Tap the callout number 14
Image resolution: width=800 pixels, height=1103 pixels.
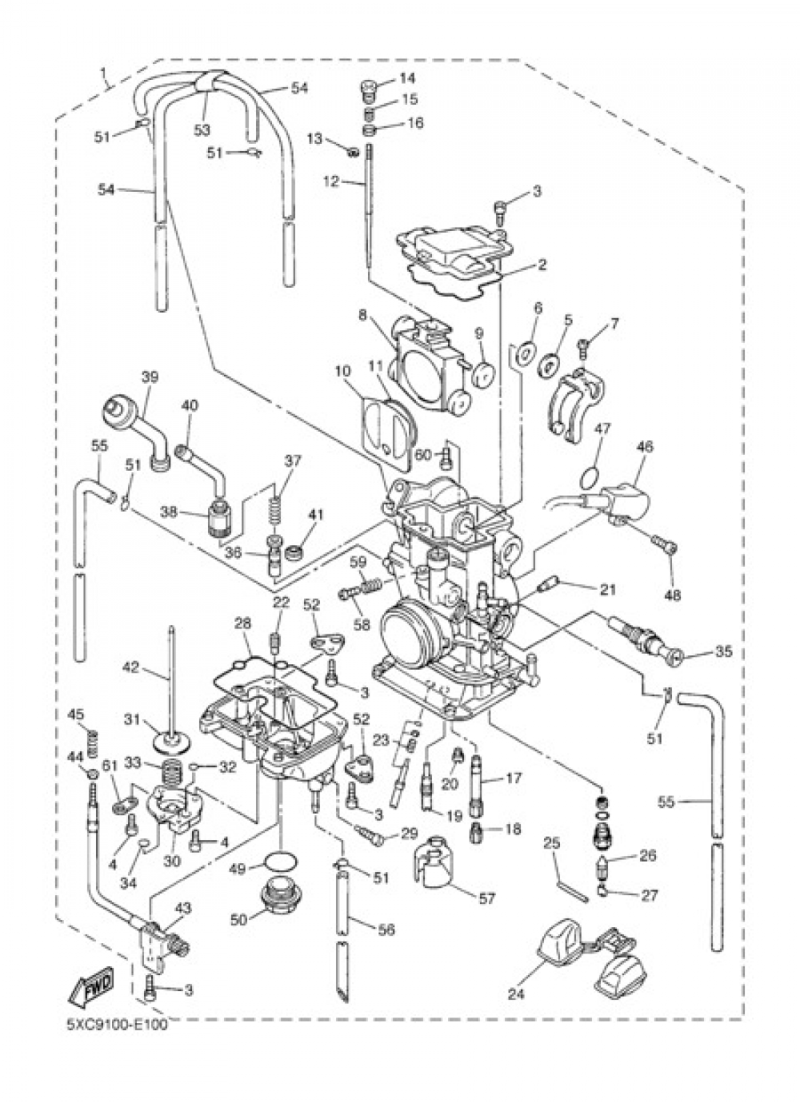[x=407, y=78]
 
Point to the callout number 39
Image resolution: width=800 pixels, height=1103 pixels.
[x=149, y=376]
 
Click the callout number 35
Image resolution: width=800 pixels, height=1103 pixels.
[x=723, y=651]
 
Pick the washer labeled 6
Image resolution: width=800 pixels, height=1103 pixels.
[x=526, y=349]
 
